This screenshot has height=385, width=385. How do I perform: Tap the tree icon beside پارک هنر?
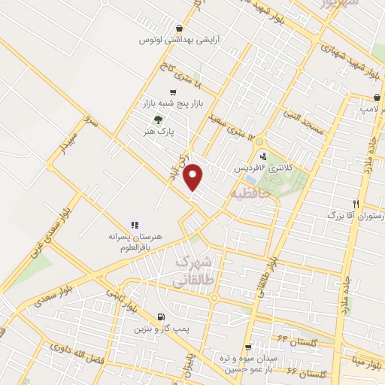click(157, 119)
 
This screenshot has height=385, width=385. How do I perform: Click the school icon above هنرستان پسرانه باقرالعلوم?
click(135, 224)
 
